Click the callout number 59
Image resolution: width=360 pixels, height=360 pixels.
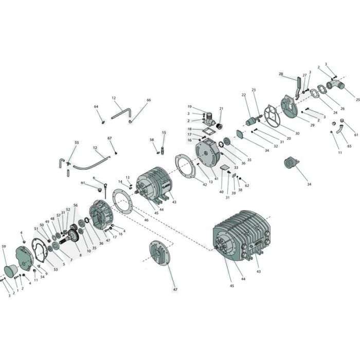tap(4, 247)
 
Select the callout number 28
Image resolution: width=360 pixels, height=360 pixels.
tap(281, 74)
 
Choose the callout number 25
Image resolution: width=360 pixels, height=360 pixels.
tap(357, 99)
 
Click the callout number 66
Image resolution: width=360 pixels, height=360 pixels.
tap(149, 100)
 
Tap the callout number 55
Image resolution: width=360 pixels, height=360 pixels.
tap(77, 142)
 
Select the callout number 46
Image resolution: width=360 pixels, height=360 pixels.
tap(146, 220)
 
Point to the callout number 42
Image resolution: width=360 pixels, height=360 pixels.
tap(204, 184)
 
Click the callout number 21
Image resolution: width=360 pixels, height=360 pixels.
tap(221, 109)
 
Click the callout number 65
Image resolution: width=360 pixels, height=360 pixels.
tap(350, 147)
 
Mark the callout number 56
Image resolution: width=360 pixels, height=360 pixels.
tap(76, 205)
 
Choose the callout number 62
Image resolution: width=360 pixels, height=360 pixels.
tap(247, 186)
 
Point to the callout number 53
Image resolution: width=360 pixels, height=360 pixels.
tap(56, 269)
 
